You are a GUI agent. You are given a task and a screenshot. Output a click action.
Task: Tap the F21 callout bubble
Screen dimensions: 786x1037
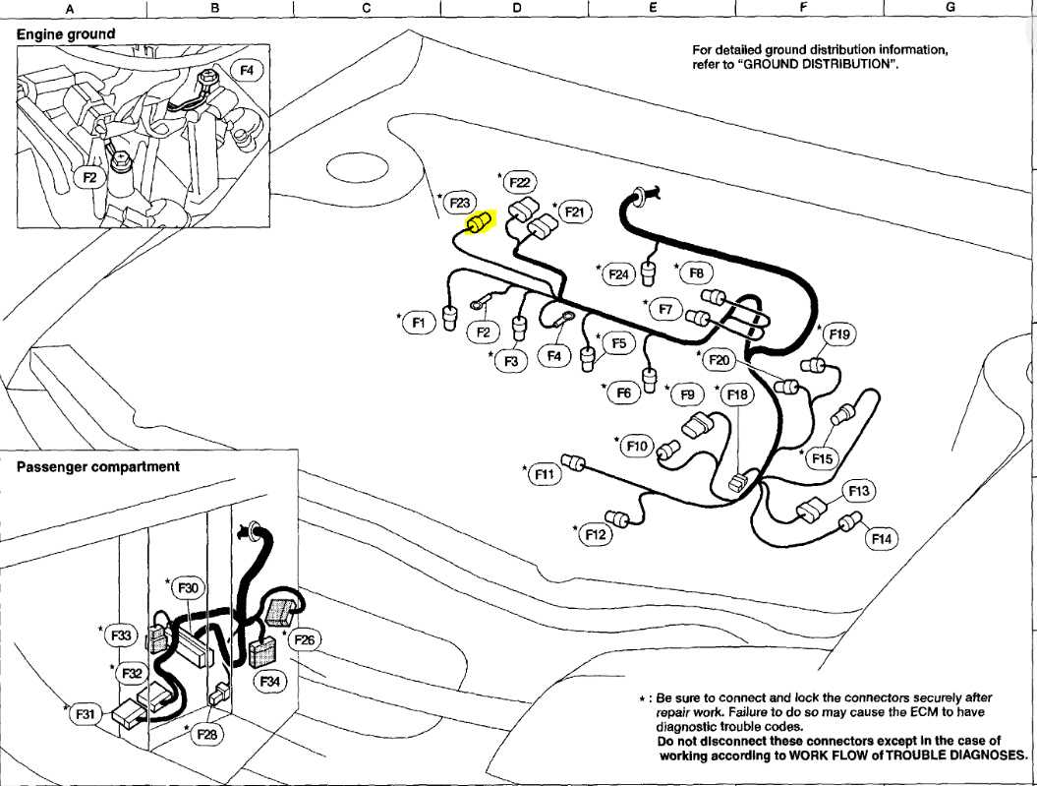573,212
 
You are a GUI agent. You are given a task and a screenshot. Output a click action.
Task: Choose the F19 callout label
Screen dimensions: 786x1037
839,334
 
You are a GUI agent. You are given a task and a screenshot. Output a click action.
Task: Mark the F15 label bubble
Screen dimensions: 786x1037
822,458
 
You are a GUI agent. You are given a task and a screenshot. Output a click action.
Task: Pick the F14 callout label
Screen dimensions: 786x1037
882,539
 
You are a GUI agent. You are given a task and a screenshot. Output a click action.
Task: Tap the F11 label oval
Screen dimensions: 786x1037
544,475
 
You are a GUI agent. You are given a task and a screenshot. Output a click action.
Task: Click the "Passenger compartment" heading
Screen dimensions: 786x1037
98,466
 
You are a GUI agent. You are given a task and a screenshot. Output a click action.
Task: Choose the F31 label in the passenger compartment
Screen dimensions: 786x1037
86,715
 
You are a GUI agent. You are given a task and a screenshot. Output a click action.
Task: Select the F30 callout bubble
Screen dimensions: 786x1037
187,588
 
